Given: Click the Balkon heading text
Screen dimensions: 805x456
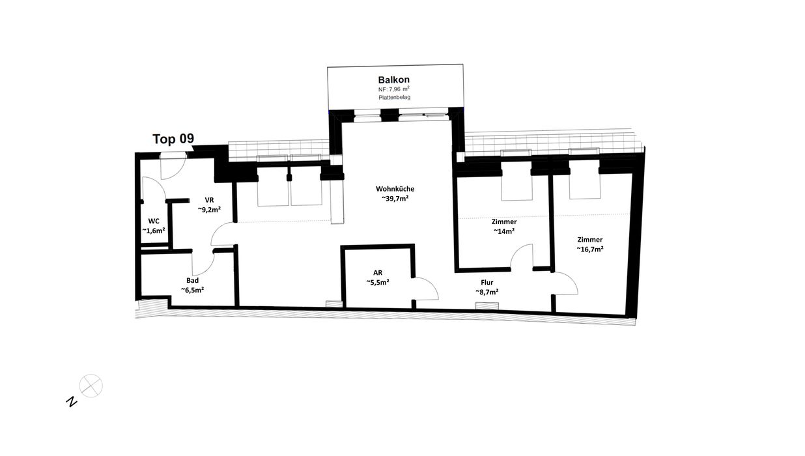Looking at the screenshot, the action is (393, 79).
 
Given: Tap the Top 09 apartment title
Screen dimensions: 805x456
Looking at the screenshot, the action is (173, 139).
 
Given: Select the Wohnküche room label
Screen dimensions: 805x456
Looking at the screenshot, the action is (395, 189).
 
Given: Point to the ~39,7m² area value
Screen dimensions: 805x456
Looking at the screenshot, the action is (395, 198).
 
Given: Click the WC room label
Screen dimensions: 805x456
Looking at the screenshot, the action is (154, 221).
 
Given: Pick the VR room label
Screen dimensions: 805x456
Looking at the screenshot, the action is (209, 200).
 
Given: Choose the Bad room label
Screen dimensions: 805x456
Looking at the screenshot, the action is (192, 281).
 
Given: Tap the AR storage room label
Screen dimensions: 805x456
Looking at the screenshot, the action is (378, 273).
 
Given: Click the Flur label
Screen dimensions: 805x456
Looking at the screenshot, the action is (487, 283).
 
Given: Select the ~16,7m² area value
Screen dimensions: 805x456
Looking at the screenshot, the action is (589, 249).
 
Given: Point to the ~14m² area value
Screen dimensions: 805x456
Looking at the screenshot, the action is (504, 231).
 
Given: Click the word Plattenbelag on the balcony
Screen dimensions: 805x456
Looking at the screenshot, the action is (394, 97).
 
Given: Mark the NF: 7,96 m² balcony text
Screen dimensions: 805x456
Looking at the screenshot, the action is (393, 89).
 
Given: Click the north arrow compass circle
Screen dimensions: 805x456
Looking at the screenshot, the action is (91, 386).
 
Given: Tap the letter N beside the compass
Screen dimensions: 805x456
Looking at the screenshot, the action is (72, 402).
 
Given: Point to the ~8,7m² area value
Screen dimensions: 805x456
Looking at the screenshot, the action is (487, 292).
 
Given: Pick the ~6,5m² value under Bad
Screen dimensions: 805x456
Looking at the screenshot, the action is (192, 290).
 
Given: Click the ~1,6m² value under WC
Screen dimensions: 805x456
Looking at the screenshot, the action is (154, 231).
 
